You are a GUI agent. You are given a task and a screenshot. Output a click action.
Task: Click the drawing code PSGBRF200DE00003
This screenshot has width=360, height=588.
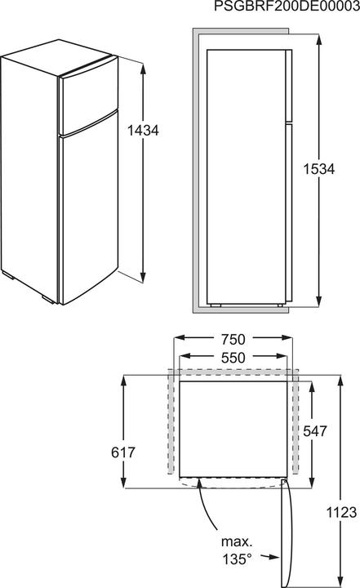[285, 7]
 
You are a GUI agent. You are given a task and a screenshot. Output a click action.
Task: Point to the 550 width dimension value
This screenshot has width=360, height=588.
[233, 357]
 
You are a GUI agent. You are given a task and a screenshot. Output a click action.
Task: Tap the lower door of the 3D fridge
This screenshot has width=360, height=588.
[88, 212]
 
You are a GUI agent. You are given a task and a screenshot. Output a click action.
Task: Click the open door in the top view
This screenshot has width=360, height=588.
[285, 531]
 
